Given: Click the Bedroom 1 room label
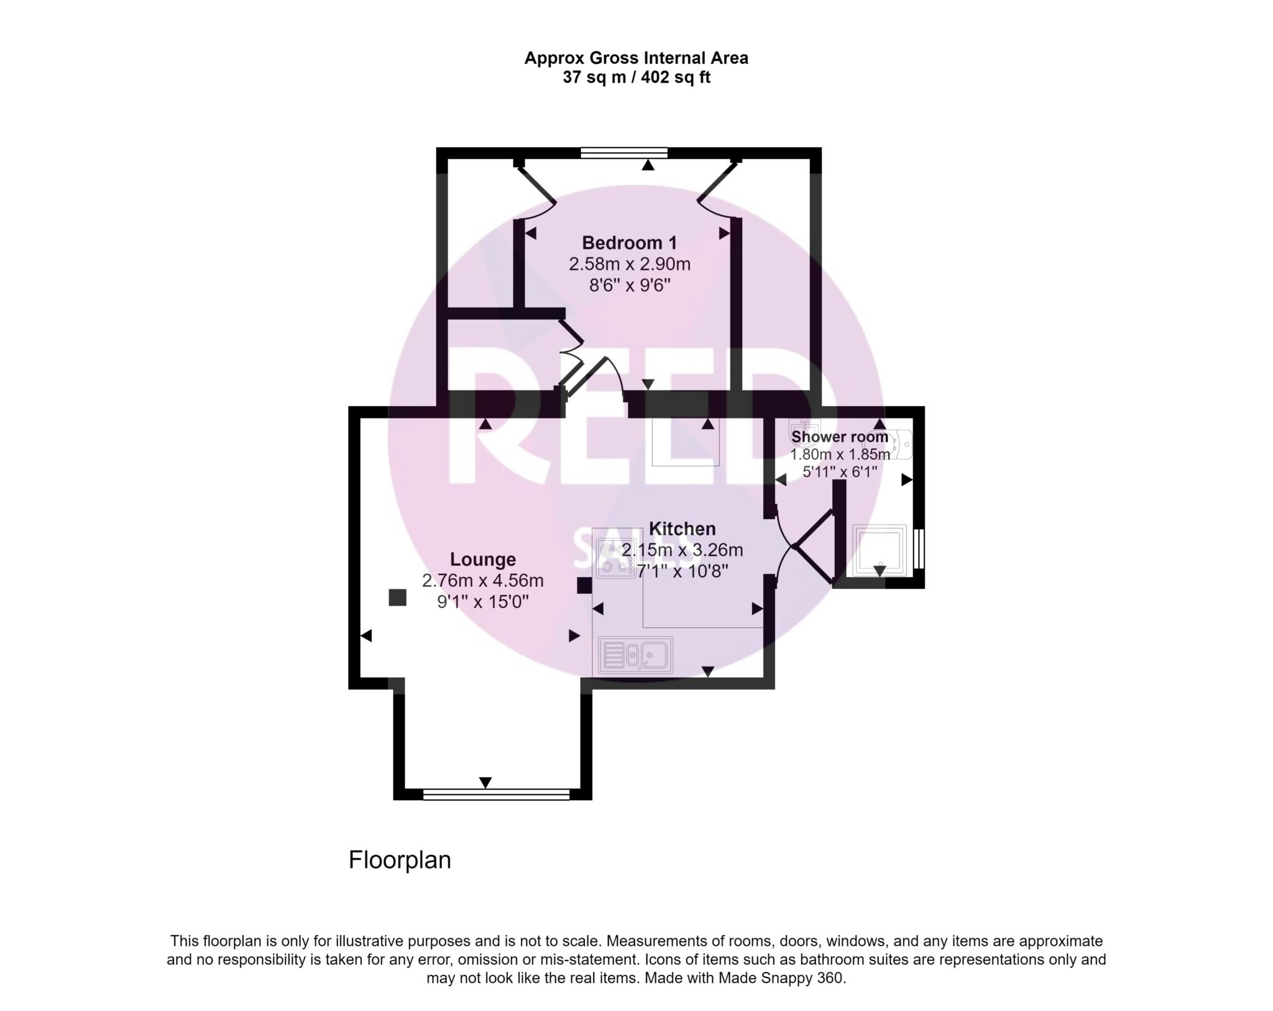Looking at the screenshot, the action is point(629,242).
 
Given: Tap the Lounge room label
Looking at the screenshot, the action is point(483,560).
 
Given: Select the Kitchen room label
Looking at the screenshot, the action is point(682,529).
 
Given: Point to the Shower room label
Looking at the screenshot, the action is point(839,437).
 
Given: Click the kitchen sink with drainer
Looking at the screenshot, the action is point(635,655).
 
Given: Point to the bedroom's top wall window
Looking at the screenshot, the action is point(624,153).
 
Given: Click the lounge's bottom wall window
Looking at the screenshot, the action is point(496,794).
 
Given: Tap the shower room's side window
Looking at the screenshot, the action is point(919,548).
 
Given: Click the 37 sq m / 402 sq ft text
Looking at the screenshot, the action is point(636,78).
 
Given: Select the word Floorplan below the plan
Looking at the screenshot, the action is point(400,860).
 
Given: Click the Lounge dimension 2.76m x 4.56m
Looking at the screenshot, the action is point(483,581).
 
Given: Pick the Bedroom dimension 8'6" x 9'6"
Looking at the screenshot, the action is point(630,285).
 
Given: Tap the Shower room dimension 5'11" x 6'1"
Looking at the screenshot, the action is point(840,472).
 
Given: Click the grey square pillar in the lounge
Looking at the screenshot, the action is point(398,598).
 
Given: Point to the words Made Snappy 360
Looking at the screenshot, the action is point(782,978).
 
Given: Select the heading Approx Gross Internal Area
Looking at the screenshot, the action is point(636,58).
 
